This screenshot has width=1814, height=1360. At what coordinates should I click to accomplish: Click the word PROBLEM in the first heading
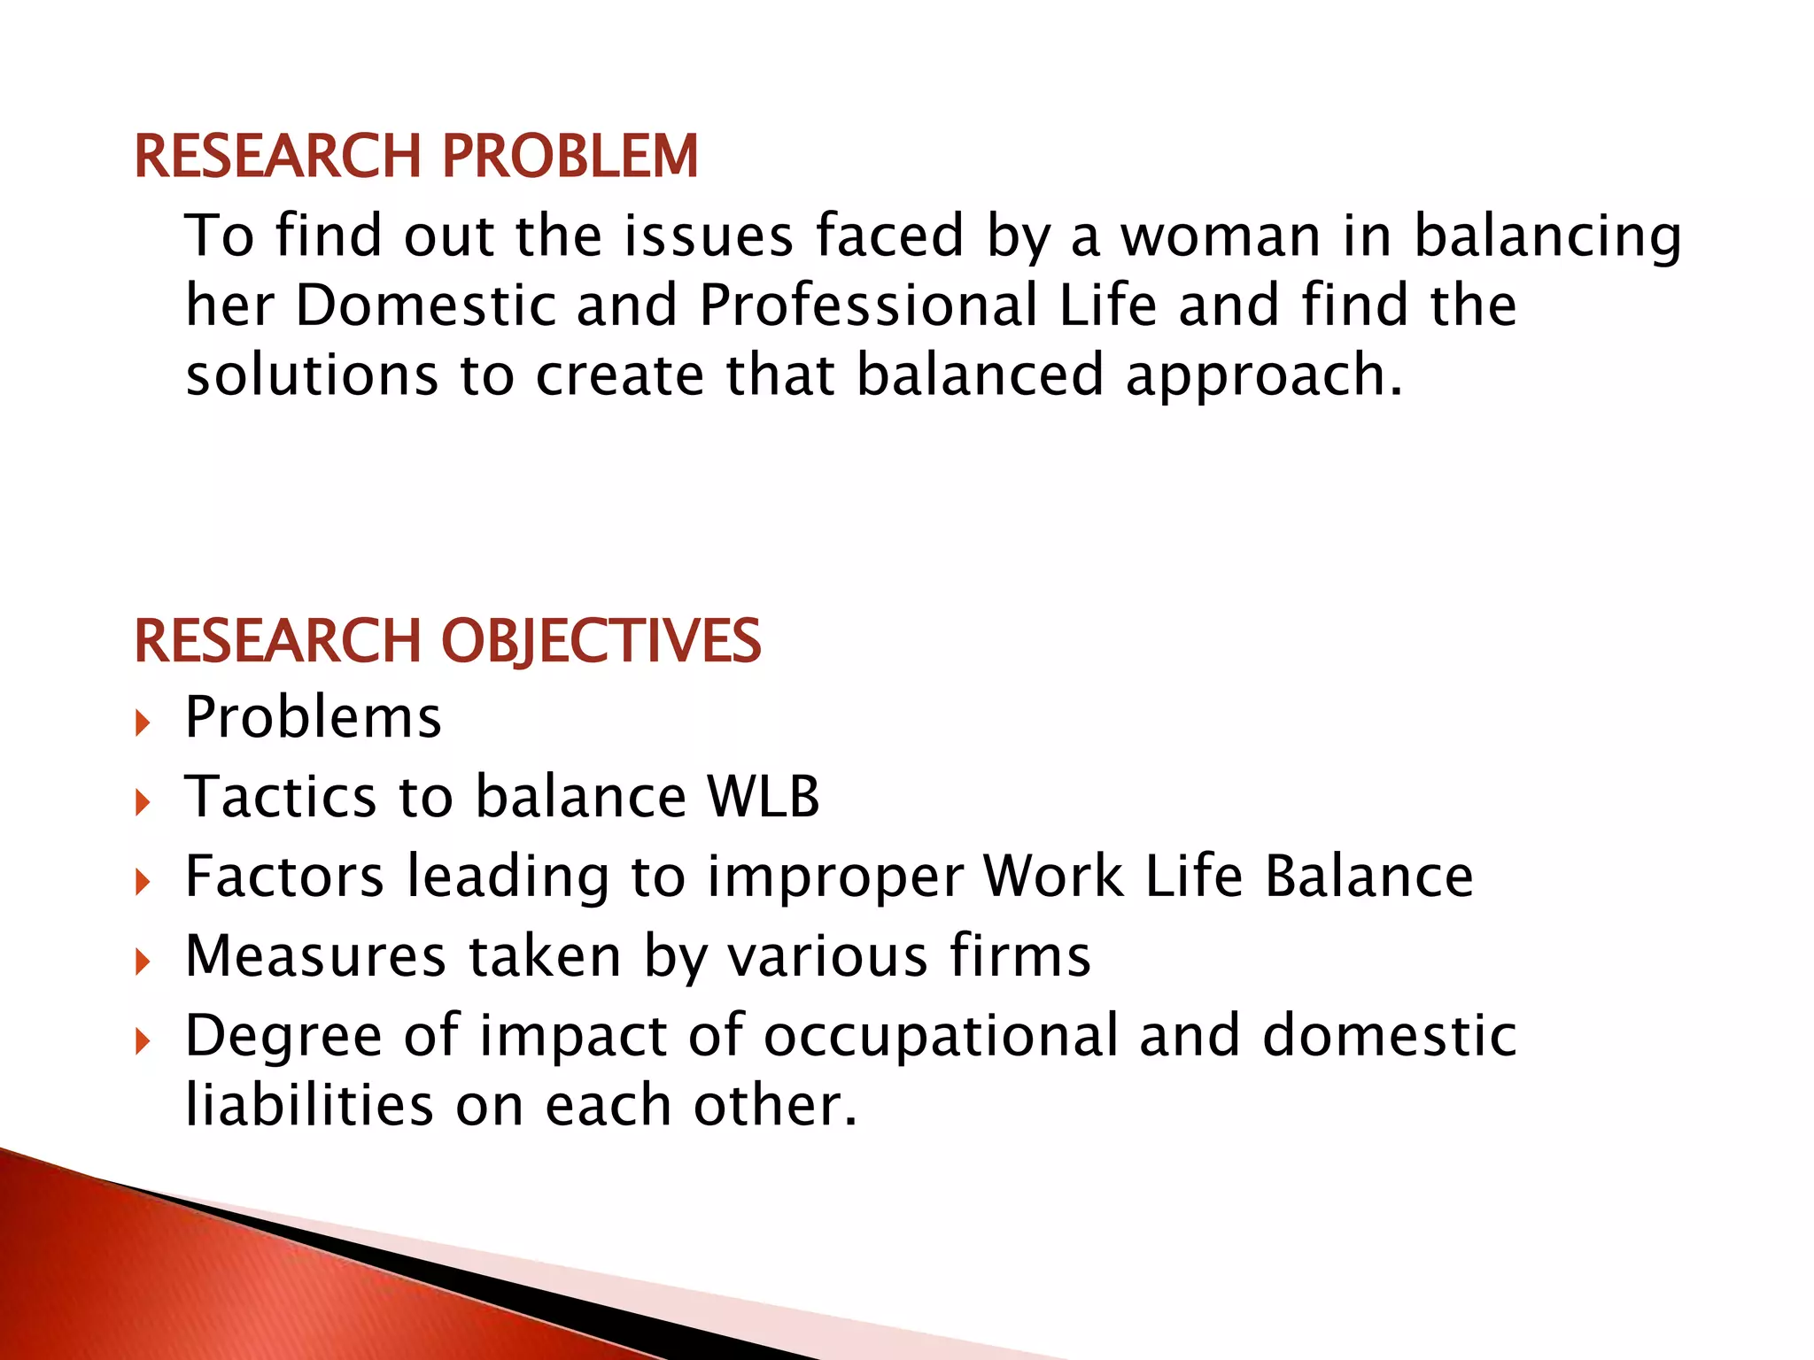[570, 157]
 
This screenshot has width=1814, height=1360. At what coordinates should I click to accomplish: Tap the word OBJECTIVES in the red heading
[601, 641]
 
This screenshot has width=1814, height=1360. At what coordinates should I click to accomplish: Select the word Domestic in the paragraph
[424, 305]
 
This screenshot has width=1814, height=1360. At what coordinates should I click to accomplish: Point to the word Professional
[868, 305]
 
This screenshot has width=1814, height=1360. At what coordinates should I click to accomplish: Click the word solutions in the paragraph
[312, 375]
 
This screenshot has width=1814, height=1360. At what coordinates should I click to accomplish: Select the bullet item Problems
[313, 716]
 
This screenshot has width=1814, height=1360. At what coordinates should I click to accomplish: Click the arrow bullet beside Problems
[143, 723]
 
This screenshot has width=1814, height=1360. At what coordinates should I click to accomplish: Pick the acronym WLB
[763, 796]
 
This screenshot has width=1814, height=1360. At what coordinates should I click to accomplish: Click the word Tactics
[281, 796]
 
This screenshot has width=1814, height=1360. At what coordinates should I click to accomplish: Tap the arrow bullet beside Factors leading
[143, 883]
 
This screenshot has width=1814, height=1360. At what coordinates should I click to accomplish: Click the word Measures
[314, 956]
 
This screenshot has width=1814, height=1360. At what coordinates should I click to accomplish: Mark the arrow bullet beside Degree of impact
[143, 1042]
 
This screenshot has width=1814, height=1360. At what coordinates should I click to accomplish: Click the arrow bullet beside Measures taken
[143, 962]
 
